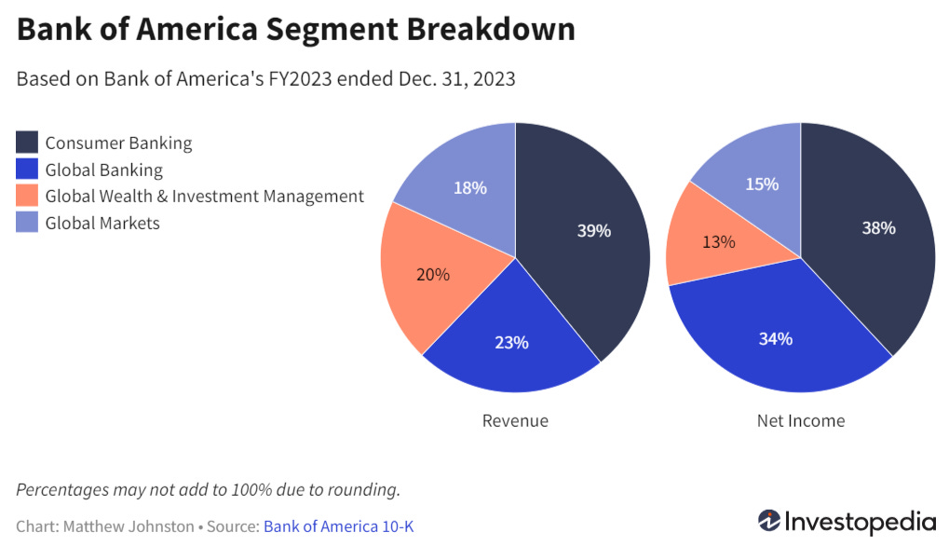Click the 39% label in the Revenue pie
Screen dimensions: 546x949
[593, 230]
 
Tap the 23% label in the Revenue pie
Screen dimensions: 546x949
[511, 342]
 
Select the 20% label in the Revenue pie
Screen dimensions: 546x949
[433, 274]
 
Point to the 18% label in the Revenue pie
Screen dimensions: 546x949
[469, 187]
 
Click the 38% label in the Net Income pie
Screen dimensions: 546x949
[878, 227]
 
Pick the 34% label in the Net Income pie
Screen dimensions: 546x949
[775, 338]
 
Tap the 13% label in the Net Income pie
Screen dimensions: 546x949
[718, 241]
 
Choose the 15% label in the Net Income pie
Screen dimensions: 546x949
[762, 184]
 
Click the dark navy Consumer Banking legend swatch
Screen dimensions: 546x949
[27, 143]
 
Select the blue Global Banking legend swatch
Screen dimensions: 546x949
[27, 170]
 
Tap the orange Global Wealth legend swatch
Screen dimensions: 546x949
[27, 197]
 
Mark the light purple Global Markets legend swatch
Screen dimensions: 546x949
[27, 223]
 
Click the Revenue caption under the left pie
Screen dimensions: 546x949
[515, 420]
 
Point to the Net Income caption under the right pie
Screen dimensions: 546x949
[801, 420]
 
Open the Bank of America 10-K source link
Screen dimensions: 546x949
[338, 526]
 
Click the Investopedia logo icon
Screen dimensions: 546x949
[769, 520]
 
